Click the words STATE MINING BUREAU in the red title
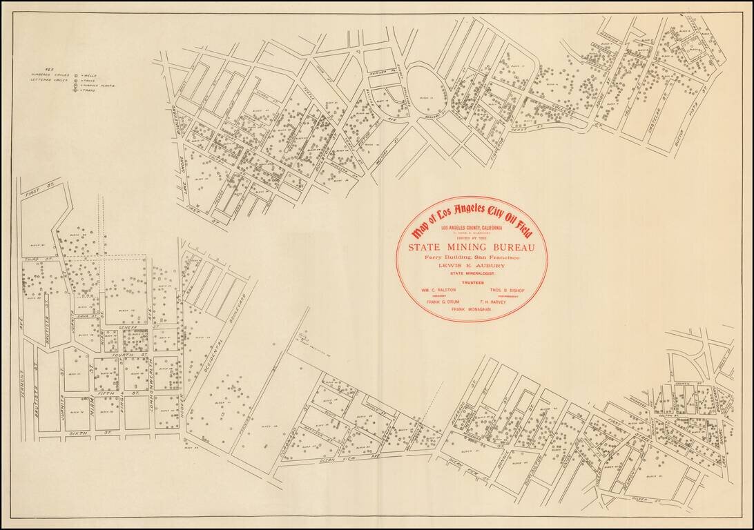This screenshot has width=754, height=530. (472, 246)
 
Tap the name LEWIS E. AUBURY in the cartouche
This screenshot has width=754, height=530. (472, 265)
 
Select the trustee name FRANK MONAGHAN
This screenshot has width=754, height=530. (472, 310)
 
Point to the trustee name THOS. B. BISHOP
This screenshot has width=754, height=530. (506, 291)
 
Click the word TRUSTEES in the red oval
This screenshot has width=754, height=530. (472, 283)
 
